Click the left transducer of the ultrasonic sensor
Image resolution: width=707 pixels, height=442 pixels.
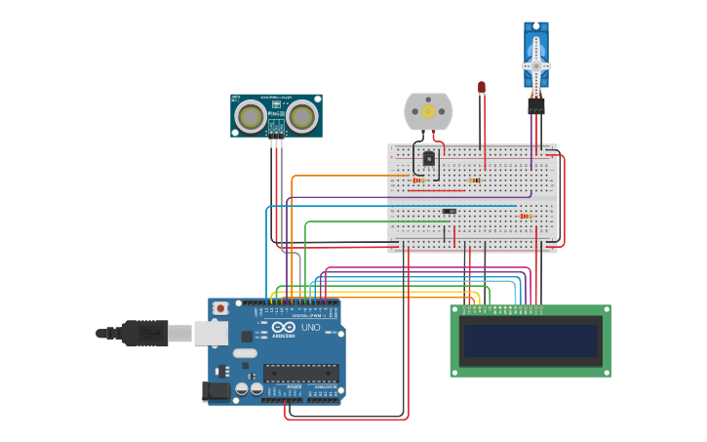[x=251, y=117]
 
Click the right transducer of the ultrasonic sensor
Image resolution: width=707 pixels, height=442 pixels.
[x=302, y=117]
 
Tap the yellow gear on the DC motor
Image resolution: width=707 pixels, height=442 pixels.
[x=428, y=111]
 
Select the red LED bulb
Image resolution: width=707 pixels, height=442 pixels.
[x=481, y=88]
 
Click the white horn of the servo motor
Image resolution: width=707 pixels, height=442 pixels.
[x=535, y=64]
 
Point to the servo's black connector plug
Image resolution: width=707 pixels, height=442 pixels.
[x=535, y=105]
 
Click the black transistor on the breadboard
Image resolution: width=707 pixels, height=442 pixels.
[x=428, y=158]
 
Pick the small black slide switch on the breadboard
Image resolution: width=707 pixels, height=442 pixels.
[x=449, y=211]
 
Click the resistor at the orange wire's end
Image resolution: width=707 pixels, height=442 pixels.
[x=419, y=180]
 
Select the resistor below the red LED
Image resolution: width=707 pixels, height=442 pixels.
[x=475, y=180]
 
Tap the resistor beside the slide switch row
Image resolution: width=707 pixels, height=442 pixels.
[x=527, y=216]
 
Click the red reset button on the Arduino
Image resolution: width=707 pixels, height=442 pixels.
[x=220, y=308]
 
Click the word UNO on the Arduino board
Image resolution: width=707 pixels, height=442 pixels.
[x=310, y=328]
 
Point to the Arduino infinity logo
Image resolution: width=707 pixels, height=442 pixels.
[x=284, y=328]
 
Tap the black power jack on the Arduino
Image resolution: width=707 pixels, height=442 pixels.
[x=217, y=391]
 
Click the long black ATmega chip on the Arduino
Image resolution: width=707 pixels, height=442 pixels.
[x=300, y=373]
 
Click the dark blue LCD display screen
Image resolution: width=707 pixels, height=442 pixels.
[x=530, y=341]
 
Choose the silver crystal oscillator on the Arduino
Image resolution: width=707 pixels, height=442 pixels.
[x=245, y=352]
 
